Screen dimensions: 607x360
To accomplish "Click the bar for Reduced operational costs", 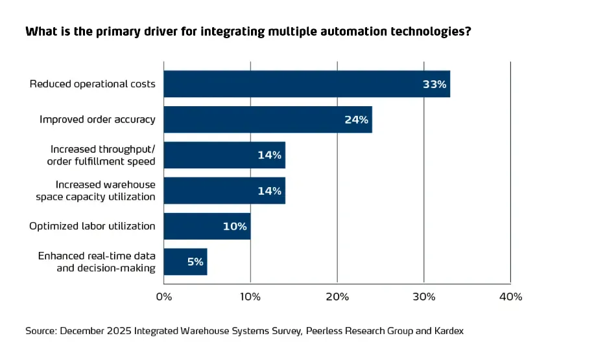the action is (307, 84).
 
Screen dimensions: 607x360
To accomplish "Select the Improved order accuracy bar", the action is (268, 120).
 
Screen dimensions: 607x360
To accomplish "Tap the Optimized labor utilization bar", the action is (207, 226).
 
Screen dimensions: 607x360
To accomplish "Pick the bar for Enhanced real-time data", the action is (185, 262).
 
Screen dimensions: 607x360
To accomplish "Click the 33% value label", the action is (434, 84).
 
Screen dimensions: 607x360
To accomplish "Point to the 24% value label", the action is (356, 120).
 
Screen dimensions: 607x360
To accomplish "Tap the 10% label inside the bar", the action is (235, 227).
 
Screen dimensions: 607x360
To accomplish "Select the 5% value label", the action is (195, 262).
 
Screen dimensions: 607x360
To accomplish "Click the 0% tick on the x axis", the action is (164, 297).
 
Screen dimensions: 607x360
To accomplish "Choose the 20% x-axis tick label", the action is (337, 297).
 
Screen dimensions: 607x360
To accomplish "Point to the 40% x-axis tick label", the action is (510, 297).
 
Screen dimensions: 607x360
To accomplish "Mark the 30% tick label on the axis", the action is (424, 297).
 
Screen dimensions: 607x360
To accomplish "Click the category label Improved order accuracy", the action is (97, 120).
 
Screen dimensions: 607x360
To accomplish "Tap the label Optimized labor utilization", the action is (92, 226).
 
